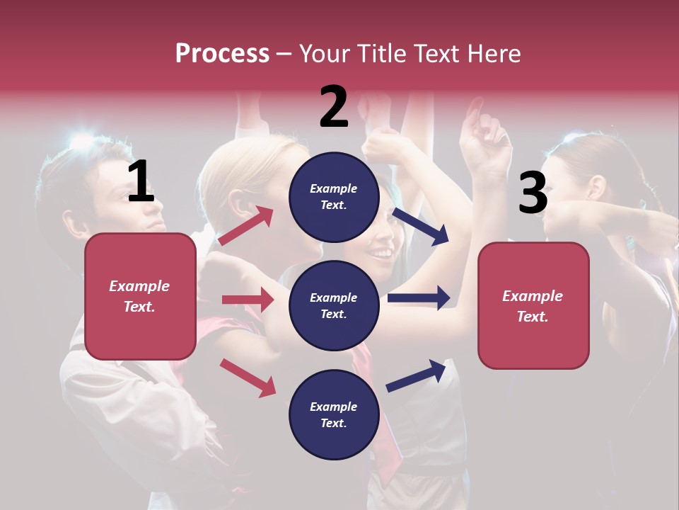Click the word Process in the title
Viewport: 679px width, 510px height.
[x=222, y=53]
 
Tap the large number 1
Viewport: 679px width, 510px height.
[x=141, y=181]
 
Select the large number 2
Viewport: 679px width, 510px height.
[x=334, y=107]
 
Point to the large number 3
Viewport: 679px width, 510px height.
[x=533, y=193]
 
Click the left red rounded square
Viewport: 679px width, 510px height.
[x=140, y=296]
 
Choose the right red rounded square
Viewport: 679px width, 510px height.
[x=533, y=305]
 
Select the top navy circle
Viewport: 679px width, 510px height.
[x=334, y=197]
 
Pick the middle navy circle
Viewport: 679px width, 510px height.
[x=334, y=305]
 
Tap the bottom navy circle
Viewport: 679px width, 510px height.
[x=334, y=414]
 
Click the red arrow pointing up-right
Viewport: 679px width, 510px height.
[x=246, y=226]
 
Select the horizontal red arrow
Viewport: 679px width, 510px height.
[x=248, y=300]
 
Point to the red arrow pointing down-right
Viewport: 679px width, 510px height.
[x=248, y=378]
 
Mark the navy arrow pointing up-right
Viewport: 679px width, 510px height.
[x=416, y=375]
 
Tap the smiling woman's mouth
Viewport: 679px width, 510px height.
[x=382, y=252]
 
